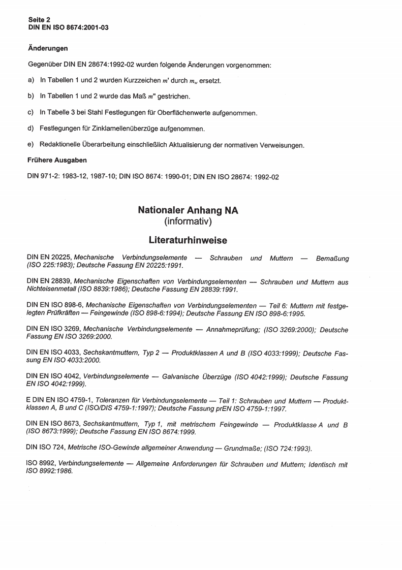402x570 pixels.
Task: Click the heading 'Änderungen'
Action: (47, 49)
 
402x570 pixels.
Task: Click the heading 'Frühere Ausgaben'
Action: (56, 160)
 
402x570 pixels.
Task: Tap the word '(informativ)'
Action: (188, 221)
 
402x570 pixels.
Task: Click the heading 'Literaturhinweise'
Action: (188, 239)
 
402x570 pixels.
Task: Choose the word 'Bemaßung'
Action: (332, 259)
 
